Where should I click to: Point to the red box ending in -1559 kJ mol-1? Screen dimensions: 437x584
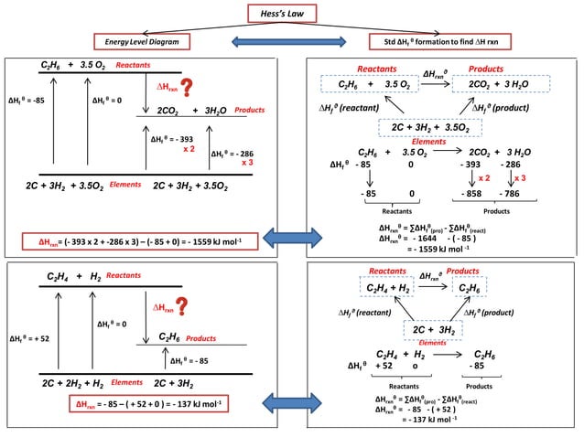pyautogui.click(x=134, y=241)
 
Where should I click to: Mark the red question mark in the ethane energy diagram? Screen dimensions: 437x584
pyautogui.click(x=189, y=88)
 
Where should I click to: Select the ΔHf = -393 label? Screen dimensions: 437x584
pyautogui.click(x=175, y=140)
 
